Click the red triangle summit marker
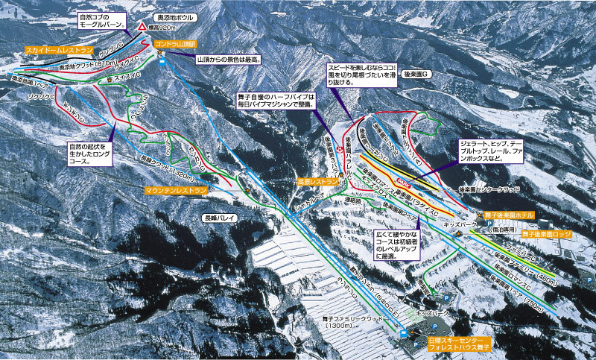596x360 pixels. [142, 29]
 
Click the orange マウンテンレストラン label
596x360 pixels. [177, 191]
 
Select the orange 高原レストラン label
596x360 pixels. [311, 181]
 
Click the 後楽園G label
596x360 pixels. [416, 75]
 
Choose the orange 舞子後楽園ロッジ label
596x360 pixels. [547, 234]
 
